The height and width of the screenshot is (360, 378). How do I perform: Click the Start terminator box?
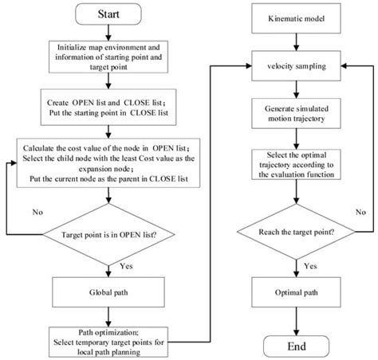tap(112, 16)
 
